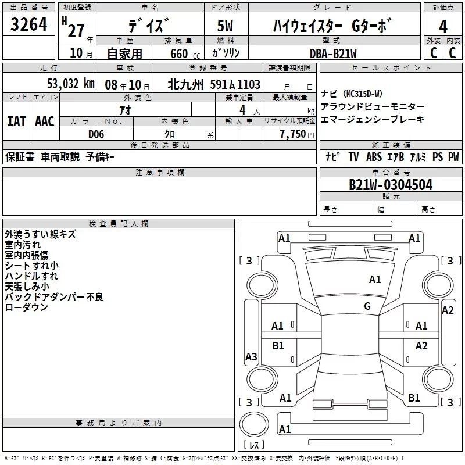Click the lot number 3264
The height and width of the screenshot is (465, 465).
coord(29,26)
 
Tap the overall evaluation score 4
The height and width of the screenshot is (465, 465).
coord(443,26)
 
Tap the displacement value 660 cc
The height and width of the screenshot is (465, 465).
coord(180,53)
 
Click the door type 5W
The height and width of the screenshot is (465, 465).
coord(226,26)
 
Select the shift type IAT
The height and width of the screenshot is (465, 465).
coord(16,121)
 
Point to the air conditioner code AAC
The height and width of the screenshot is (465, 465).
coord(44,121)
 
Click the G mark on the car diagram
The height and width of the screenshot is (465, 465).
coord(367,306)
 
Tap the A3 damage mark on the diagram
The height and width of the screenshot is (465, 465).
coord(251,357)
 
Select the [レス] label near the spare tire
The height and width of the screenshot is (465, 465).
coord(254,445)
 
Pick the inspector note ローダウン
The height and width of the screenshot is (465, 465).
coord(26,307)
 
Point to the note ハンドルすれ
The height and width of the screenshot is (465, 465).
coord(31,276)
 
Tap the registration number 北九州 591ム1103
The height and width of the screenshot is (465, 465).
coord(214,84)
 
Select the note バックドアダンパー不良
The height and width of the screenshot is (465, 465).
coord(54,297)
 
